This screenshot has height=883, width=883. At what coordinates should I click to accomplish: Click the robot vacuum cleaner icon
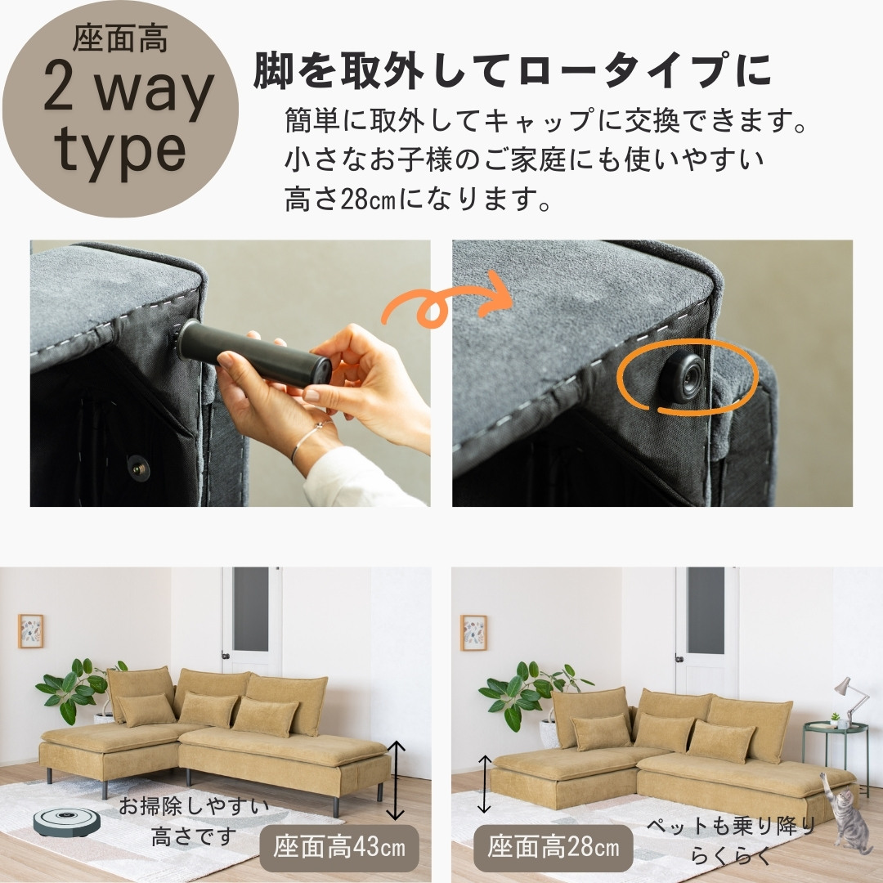point(66,822)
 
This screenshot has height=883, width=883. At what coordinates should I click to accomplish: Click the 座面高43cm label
point(339,847)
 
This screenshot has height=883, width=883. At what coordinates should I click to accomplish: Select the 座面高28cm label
point(553,847)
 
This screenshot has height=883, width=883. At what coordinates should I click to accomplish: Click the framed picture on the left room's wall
point(30,630)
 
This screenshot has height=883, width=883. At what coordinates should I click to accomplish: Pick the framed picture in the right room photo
point(473,632)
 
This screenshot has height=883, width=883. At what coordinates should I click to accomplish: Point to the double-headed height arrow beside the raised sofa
point(397,780)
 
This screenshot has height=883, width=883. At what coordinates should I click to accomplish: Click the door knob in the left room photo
point(226,656)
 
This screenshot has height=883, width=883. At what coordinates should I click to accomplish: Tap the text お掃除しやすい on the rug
point(194,806)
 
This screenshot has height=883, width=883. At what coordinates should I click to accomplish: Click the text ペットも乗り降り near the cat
point(731,826)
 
